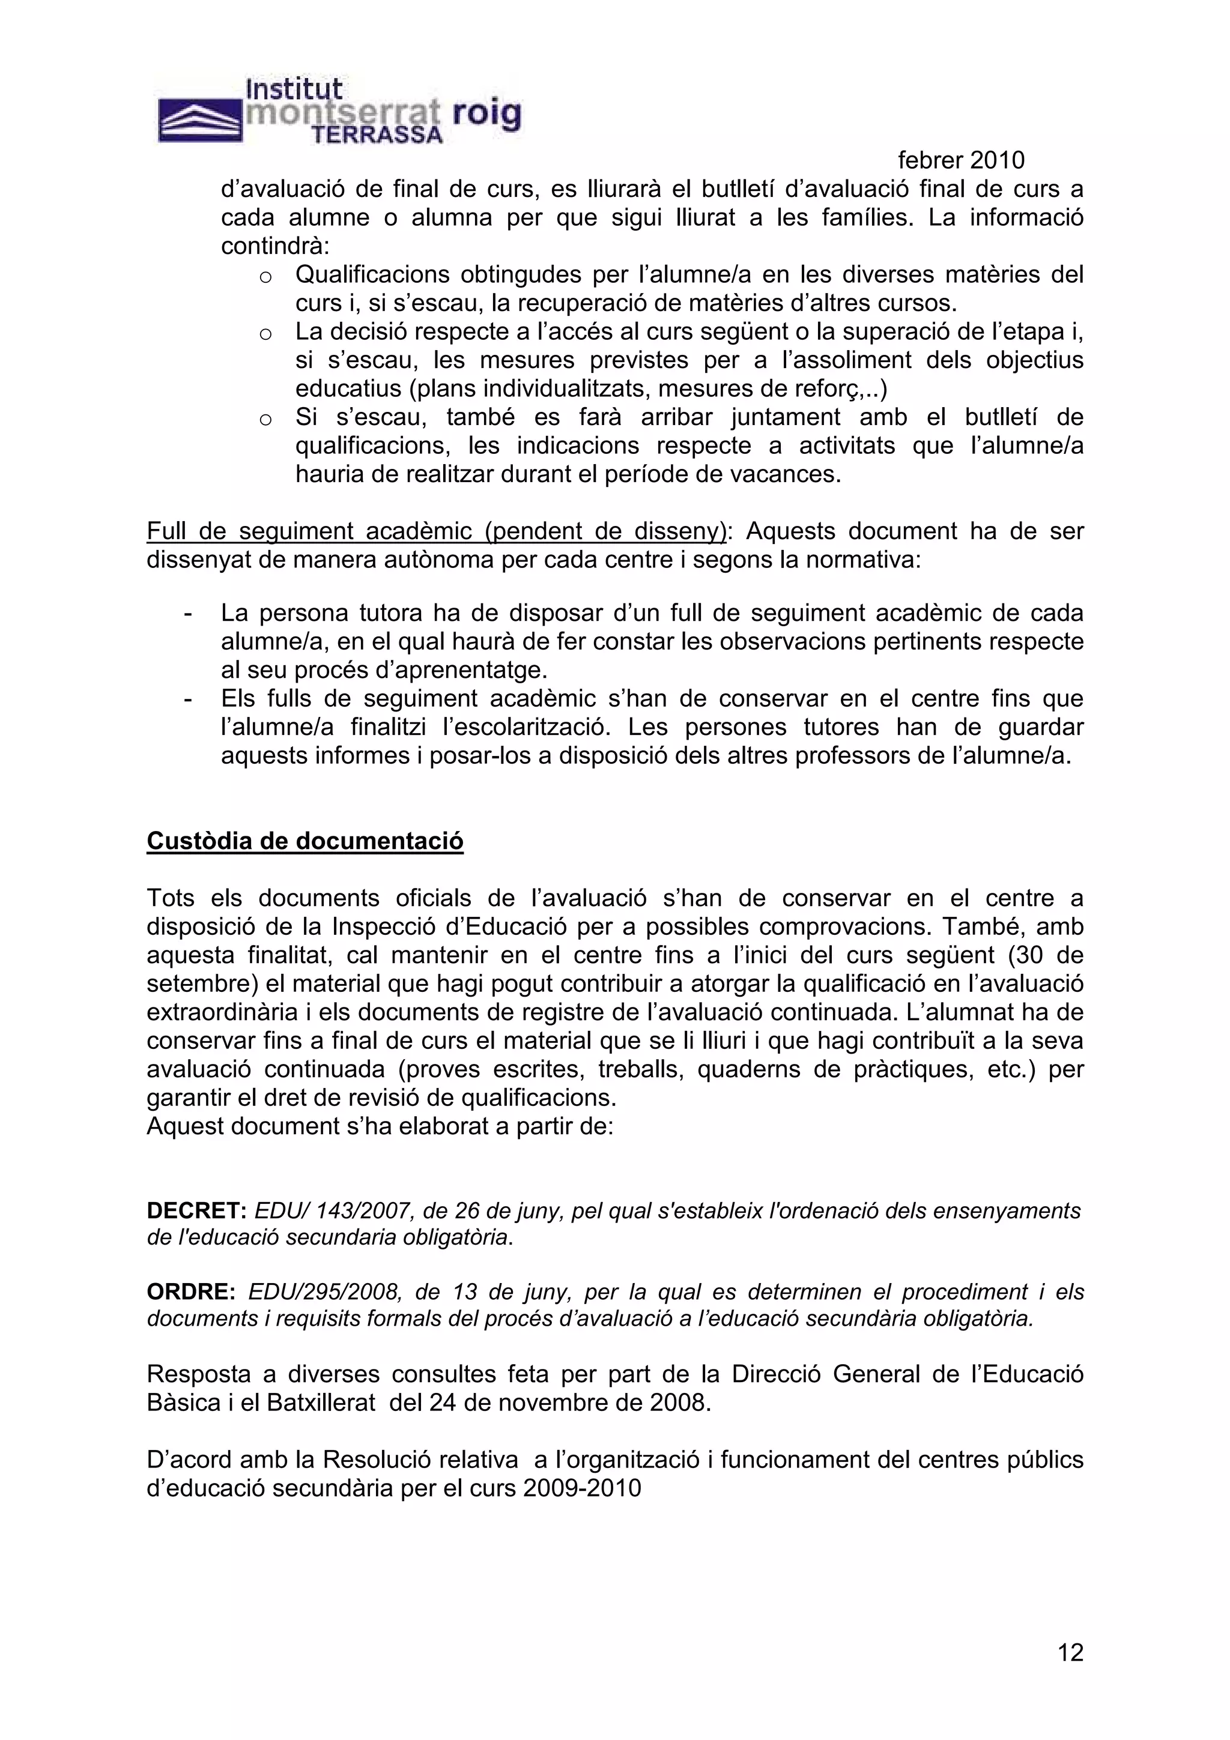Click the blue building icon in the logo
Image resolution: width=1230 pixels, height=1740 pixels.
[200, 121]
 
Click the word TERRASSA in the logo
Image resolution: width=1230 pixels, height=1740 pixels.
[377, 136]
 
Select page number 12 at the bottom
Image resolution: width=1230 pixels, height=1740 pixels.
[1070, 1653]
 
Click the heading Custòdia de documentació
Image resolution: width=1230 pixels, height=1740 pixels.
[304, 841]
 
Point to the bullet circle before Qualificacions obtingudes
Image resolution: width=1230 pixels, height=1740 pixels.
[265, 277]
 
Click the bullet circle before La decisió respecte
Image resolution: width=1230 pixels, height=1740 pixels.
[265, 334]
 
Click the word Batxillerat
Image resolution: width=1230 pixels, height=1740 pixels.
[321, 1403]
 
